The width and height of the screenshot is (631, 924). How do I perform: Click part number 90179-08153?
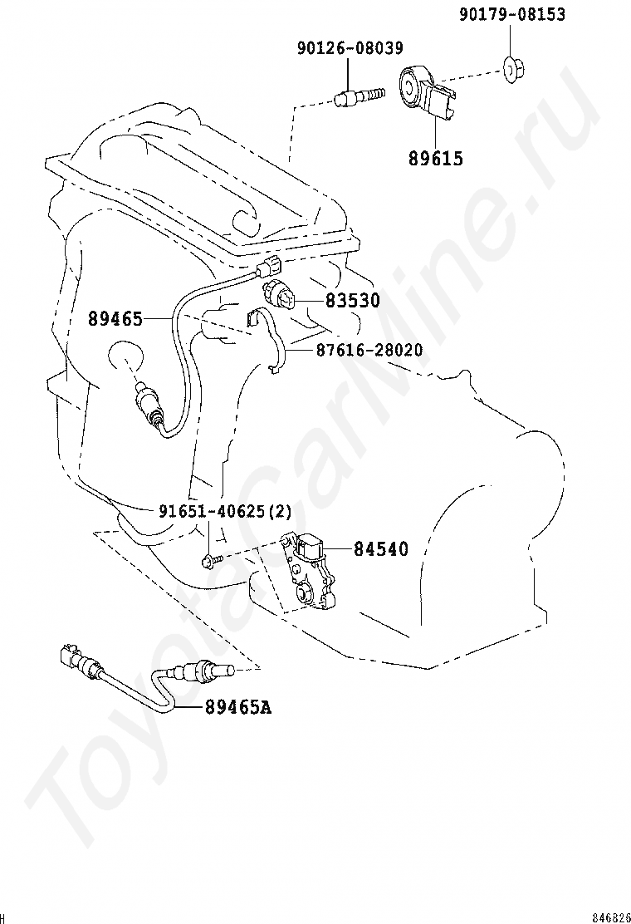coord(512,13)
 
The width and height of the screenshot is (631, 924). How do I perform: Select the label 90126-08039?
coord(350,47)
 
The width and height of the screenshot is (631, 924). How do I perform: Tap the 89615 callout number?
coord(436,159)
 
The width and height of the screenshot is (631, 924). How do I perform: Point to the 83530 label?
coord(353,301)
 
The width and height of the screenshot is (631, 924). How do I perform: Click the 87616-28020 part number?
coord(369,350)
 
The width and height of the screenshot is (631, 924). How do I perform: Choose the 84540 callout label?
coord(381,549)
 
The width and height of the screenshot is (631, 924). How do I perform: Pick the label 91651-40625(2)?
coord(226,511)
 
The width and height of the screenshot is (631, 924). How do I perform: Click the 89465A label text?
coord(238,706)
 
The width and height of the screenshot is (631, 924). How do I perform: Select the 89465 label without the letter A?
coord(115,319)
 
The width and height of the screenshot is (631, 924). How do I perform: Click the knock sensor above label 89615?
coord(428,91)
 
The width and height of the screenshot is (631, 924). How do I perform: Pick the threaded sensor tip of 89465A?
coord(223,670)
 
